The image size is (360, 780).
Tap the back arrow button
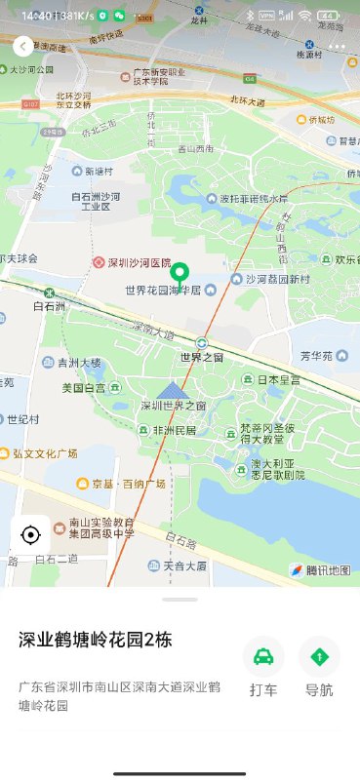(x=22, y=46)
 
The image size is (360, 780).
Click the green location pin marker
(x=180, y=277)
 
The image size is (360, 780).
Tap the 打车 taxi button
(x=263, y=668)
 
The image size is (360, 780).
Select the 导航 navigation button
(x=319, y=668)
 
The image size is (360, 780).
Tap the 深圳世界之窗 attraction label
(x=173, y=405)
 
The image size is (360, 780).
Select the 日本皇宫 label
(x=275, y=379)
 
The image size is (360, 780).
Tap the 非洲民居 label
(x=170, y=430)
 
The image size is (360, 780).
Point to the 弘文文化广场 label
(x=44, y=453)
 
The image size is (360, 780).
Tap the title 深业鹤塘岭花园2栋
(x=96, y=640)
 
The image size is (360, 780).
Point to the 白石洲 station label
(x=48, y=306)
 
